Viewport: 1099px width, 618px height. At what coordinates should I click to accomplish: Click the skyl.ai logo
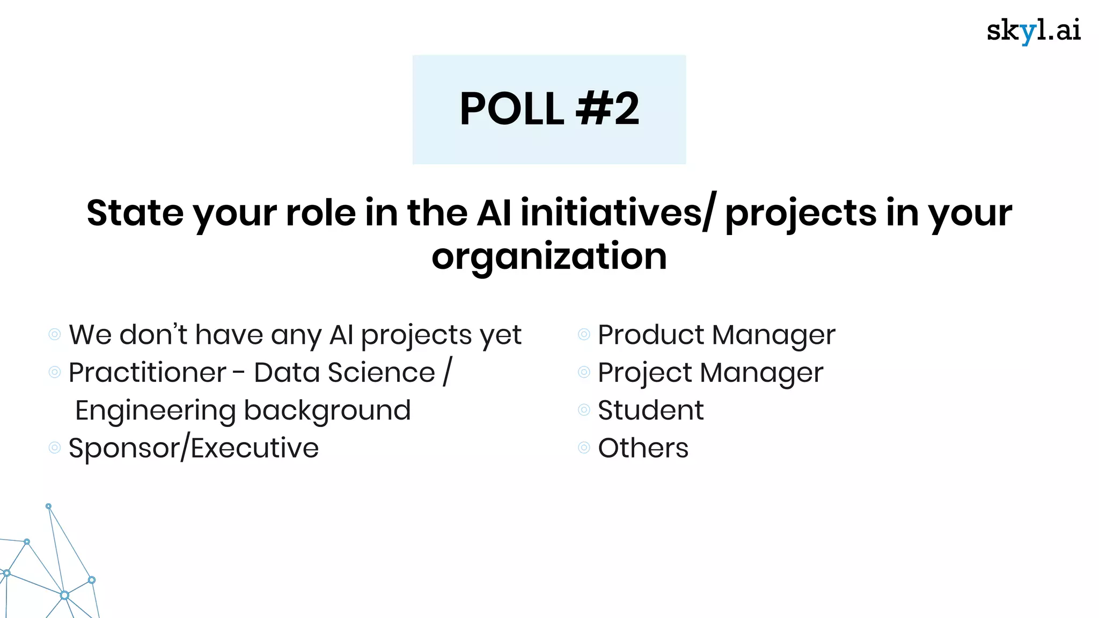point(1033,31)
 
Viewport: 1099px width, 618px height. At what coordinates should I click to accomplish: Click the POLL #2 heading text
point(549,109)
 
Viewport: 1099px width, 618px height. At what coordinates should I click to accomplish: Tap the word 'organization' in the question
point(549,256)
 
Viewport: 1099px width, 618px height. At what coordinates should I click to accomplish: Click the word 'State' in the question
point(135,213)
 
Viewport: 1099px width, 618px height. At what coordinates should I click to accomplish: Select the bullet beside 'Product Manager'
point(584,335)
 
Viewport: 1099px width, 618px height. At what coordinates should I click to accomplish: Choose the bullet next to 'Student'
point(584,410)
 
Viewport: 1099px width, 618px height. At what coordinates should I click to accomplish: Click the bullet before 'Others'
point(584,448)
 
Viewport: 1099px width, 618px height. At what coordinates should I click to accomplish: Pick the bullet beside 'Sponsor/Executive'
point(55,448)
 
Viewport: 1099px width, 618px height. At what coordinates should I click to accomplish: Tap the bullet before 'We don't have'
point(55,335)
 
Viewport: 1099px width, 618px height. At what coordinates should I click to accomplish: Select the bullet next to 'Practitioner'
point(55,372)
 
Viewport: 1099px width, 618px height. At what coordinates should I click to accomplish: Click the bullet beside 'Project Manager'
point(584,372)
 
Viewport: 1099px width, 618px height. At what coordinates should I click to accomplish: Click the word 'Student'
point(650,410)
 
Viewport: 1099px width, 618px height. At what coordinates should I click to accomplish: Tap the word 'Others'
point(643,448)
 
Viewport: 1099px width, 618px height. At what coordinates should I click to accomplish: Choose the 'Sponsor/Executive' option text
point(194,448)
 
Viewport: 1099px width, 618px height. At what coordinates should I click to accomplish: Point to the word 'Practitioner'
point(148,372)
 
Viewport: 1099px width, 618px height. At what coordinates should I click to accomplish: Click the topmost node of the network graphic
point(48,506)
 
